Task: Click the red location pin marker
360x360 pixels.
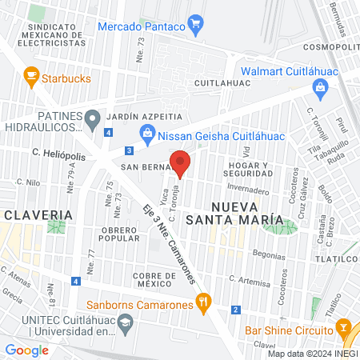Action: click(x=181, y=163)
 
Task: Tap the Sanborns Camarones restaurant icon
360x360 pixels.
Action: click(x=205, y=303)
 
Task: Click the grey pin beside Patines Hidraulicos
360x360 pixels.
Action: click(x=94, y=121)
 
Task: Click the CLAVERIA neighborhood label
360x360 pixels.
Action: click(x=37, y=214)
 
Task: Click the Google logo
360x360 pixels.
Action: click(x=27, y=350)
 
